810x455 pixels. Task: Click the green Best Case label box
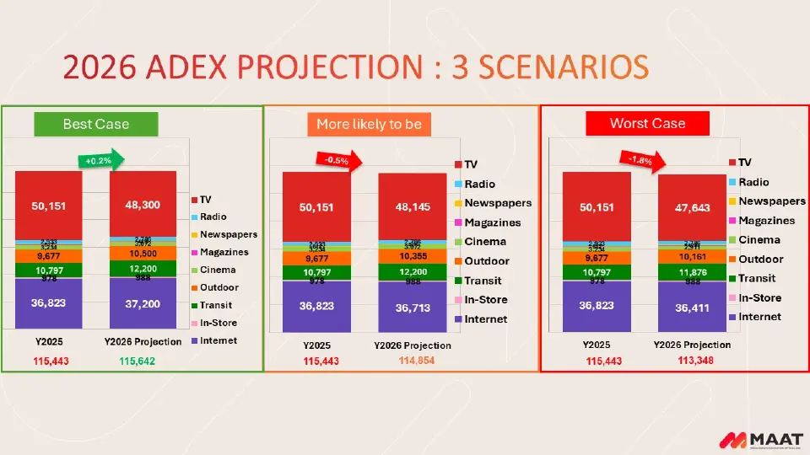[x=96, y=124]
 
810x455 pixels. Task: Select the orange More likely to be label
[x=369, y=124]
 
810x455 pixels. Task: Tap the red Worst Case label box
[x=647, y=123]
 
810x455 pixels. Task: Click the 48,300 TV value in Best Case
[x=143, y=205]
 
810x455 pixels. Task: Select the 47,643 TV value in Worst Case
[x=691, y=207]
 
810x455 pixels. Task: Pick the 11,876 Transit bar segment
[x=691, y=272]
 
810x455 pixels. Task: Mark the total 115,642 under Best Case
[x=137, y=361]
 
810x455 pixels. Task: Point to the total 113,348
[x=696, y=360]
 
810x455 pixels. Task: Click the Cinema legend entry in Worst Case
[x=759, y=240]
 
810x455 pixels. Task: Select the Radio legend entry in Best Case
[x=213, y=217]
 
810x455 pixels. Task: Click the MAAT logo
[x=754, y=440]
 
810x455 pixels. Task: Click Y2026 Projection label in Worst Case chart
[x=692, y=345]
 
